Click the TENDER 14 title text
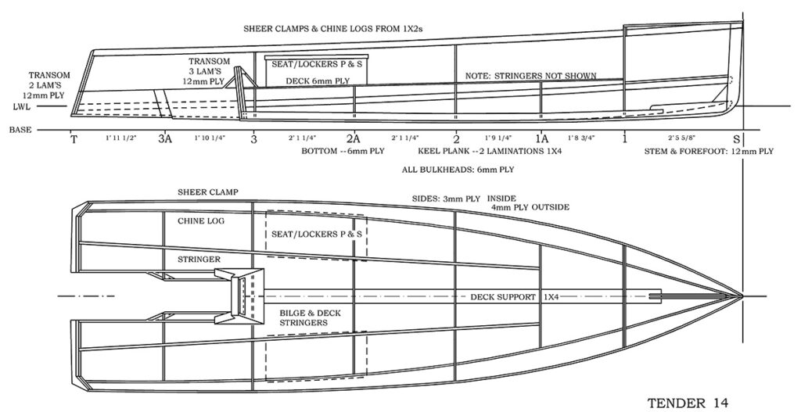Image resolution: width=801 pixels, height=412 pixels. (x=689, y=403)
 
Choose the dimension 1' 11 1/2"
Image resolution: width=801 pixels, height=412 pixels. (x=120, y=138)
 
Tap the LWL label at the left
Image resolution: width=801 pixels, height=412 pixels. (x=21, y=106)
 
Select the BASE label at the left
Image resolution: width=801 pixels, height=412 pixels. (x=21, y=131)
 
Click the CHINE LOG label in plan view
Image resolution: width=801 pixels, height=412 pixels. (x=201, y=222)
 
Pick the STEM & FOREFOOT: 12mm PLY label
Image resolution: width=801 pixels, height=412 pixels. (x=708, y=151)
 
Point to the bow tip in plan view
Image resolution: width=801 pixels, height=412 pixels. (x=741, y=296)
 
